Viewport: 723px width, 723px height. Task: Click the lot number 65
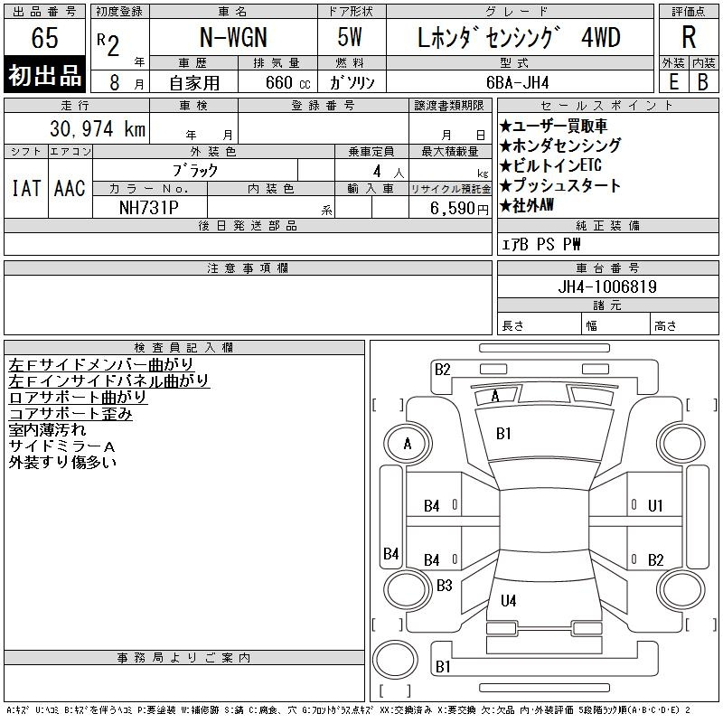pos(44,37)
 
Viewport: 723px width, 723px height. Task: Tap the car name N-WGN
pos(233,37)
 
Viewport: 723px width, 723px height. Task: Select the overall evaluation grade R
pos(689,37)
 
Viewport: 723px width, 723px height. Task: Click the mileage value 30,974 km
pos(98,128)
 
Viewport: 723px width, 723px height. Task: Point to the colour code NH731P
pos(149,208)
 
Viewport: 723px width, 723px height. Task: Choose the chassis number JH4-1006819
pos(607,286)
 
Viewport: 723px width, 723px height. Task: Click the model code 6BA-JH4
pos(518,82)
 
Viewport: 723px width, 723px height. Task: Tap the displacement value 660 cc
pos(287,82)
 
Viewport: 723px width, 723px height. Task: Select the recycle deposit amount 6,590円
pos(459,208)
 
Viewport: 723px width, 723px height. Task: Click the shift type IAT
pos(26,188)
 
